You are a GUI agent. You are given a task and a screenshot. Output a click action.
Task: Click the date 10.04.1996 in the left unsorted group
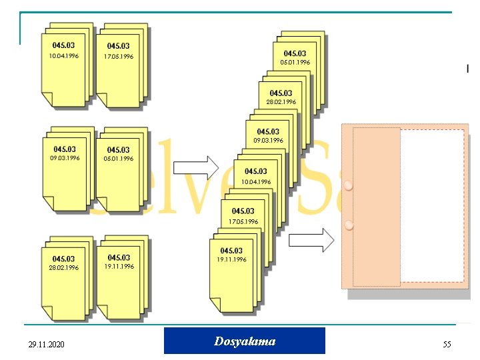coord(64,56)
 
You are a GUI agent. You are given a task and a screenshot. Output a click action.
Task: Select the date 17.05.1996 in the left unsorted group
coord(118,57)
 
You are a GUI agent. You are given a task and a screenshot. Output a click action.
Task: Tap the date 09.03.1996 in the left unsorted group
coord(65,159)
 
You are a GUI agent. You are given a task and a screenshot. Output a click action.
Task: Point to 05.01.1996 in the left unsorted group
coord(118,159)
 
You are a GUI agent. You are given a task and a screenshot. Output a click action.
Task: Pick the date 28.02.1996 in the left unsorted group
coord(64,267)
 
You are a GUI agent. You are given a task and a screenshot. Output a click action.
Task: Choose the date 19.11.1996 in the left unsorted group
coord(119,266)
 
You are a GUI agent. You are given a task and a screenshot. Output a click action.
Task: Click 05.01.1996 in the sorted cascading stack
coord(295,62)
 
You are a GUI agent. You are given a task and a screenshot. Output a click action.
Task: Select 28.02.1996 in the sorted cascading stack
coord(281,102)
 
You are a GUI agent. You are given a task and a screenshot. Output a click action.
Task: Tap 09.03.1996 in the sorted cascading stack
coord(268,141)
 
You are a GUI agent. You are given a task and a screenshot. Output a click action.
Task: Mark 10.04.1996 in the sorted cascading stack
coord(256,181)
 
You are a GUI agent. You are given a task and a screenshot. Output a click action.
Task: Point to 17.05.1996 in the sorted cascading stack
coord(243,221)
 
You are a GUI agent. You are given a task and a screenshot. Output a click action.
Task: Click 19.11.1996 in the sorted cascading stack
coord(231,259)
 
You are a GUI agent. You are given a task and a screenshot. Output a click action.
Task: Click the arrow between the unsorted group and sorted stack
coord(200,167)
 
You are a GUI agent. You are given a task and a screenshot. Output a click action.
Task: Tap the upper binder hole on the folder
coord(349,187)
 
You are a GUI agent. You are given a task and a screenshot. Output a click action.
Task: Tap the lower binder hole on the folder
coord(349,225)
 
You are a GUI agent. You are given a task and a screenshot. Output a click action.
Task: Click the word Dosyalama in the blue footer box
coord(245,341)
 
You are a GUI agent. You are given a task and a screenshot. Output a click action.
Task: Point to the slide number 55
coord(447,344)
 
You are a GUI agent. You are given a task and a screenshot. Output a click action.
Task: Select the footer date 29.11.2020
coord(47,345)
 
